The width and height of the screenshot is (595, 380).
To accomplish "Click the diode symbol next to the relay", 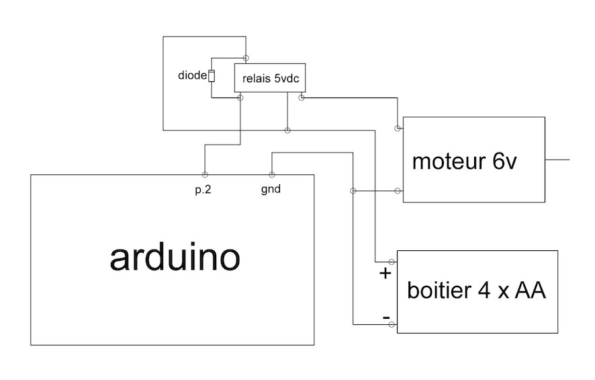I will coord(212,76).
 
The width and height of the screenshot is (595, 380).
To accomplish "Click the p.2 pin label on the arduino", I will coord(203,189).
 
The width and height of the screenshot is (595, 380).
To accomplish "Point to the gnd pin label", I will coord(271,189).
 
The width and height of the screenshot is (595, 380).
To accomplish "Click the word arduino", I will coord(174,258).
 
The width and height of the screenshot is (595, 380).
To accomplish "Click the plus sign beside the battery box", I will coord(385,274).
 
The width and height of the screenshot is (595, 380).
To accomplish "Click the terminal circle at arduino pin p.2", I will coord(204,174).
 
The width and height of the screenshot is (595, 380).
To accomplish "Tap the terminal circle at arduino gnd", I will coord(271,174).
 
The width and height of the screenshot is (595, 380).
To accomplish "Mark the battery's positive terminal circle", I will coord(392,261).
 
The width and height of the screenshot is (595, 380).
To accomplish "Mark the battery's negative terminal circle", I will coord(392,325).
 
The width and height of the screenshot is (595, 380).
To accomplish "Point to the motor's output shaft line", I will coord(557,160).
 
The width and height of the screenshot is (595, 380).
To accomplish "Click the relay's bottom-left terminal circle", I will coord(240,98).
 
